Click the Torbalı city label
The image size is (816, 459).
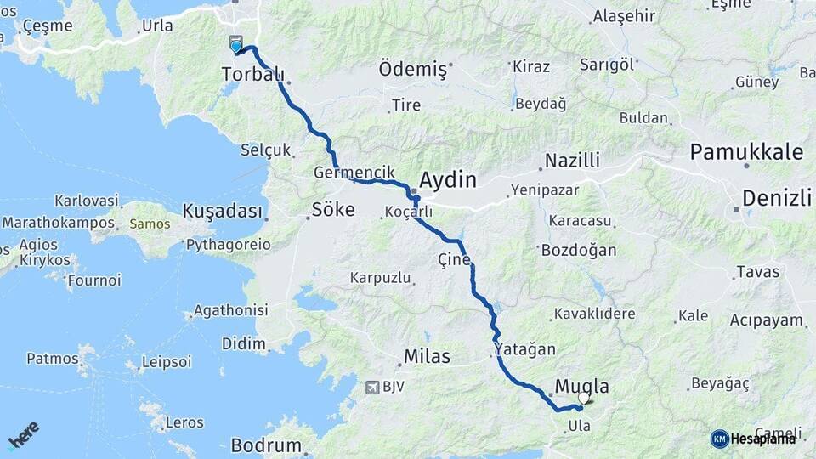[x=252, y=75]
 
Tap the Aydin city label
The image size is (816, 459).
[x=447, y=180]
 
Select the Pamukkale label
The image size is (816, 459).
[x=746, y=152]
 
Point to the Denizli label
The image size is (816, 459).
[x=776, y=198]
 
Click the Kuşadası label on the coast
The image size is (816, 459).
[x=222, y=210]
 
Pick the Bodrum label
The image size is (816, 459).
[x=266, y=445]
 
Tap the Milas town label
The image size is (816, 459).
[x=428, y=356]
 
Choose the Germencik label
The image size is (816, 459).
[x=354, y=172]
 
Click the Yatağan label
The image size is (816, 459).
[x=525, y=349]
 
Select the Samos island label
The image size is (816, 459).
[x=150, y=224]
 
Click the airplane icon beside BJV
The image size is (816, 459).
[x=371, y=388]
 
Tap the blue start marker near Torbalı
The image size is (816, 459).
[x=235, y=45]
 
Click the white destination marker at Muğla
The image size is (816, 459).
[x=583, y=397]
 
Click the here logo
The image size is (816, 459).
[x=23, y=434]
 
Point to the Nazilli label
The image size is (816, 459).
[x=572, y=160]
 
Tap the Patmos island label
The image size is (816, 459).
[x=52, y=358]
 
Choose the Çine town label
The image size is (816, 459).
[x=454, y=258]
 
